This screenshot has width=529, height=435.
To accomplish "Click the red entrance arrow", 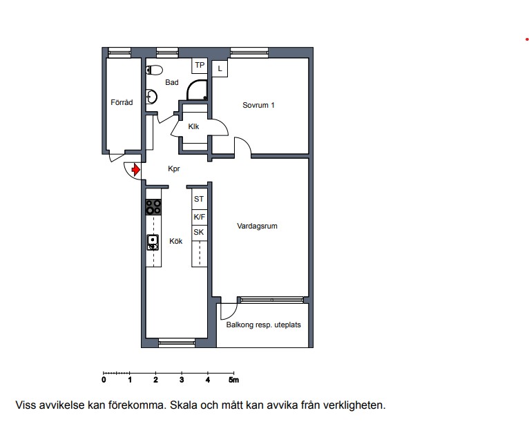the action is point(135,170).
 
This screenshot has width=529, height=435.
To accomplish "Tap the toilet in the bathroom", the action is point(154,70).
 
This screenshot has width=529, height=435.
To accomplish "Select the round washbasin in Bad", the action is point(151,97).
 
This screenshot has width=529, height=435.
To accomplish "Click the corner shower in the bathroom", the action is point(197,90).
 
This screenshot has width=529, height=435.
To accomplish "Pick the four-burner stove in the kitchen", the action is point(153,207).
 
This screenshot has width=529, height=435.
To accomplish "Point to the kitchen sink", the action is point(153,242).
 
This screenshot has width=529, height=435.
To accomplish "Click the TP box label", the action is point(200,65).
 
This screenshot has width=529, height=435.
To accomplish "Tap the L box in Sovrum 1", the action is point(220,68).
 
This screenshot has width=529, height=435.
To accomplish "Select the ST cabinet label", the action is point(199,199).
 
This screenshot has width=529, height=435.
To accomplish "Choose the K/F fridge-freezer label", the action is point(199,217).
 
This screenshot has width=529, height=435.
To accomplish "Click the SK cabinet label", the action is point(199,232).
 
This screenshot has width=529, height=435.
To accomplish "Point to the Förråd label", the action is point(122,101).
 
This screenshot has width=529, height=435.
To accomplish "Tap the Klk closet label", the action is point(193,126).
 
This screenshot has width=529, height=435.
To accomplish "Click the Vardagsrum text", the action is point(257,226).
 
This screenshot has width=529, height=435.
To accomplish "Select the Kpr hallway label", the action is point(174,168).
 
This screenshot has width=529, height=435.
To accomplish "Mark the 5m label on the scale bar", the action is point(234,380).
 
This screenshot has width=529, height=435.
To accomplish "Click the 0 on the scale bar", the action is point(104,380).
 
